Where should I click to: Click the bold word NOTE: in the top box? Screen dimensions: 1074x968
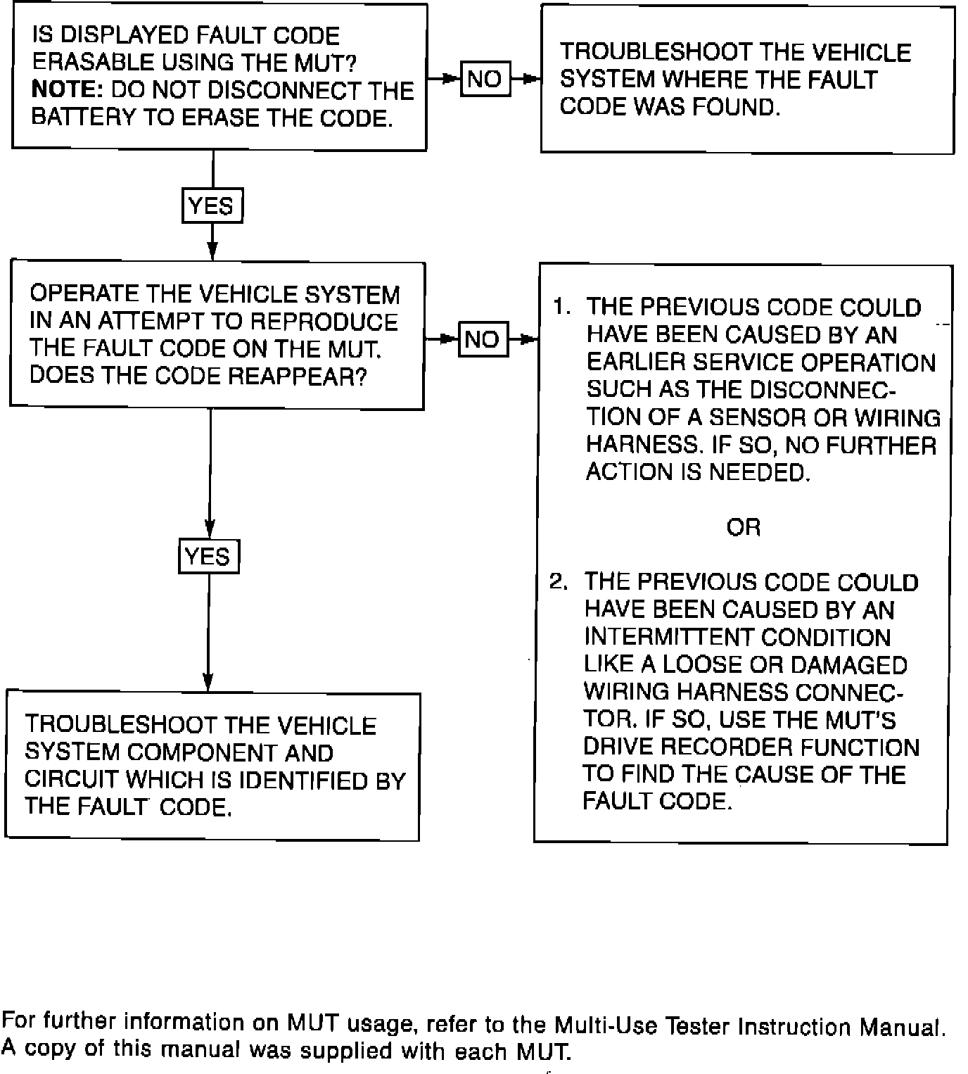[68, 91]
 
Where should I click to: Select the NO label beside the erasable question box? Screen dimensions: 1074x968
[485, 79]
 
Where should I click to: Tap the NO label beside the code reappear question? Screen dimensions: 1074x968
[483, 340]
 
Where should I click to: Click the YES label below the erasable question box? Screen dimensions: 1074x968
[212, 206]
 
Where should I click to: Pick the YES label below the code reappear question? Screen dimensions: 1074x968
[208, 557]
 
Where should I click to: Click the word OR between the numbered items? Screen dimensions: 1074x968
[743, 527]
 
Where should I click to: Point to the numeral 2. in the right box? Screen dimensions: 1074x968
[558, 582]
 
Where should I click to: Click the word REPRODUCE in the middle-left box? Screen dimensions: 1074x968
[324, 322]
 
